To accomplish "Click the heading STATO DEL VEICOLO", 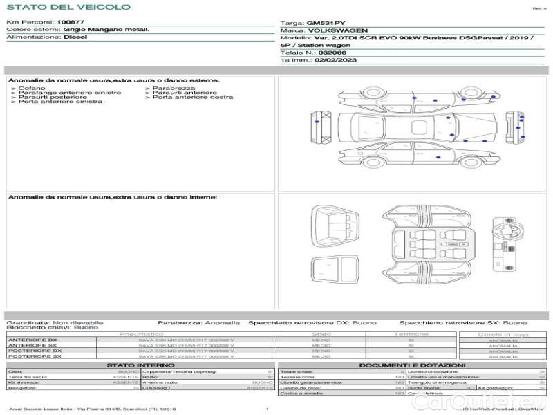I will [68, 7].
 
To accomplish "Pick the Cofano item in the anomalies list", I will [32, 89].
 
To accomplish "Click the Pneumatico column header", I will [141, 334].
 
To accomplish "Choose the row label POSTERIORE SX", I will [34, 356].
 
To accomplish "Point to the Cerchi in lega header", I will [503, 334].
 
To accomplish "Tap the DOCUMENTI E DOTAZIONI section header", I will [412, 365].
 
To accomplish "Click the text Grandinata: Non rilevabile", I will [55, 322].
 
